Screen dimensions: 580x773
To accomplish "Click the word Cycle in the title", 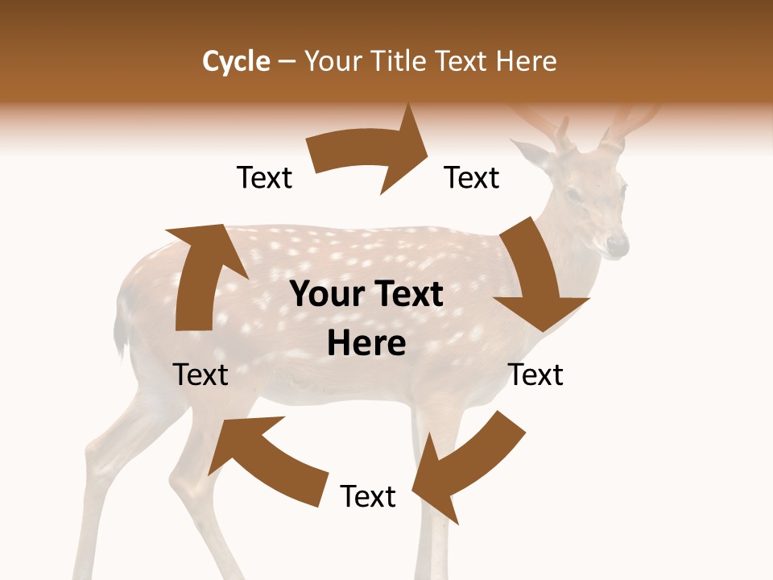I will point(236,61).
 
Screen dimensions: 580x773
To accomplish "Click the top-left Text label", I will point(264,177).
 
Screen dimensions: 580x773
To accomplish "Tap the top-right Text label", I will point(472,177).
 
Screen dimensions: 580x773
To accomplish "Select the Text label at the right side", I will point(535,375).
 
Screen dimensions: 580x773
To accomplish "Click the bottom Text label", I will point(368,496).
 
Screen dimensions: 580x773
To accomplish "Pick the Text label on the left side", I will point(200,375).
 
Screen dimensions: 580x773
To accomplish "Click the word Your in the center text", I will point(322,295).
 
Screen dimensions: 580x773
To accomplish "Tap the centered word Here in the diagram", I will point(366,344).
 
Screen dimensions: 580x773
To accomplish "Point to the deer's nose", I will point(617,244).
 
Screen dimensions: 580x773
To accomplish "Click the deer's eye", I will point(573,194).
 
